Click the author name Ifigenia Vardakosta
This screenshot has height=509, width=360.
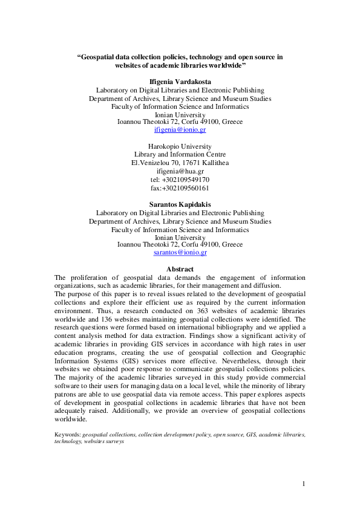point(180,81)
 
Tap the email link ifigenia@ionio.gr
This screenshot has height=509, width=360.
point(180,130)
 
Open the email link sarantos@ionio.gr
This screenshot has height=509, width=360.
point(180,253)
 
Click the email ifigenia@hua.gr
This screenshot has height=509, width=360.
point(180,171)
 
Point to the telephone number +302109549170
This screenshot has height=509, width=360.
point(180,180)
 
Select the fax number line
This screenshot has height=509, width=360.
point(180,188)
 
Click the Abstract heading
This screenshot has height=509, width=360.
point(180,269)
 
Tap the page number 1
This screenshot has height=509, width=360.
point(304,484)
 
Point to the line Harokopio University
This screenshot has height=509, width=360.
point(180,146)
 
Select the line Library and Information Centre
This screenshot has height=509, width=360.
point(180,155)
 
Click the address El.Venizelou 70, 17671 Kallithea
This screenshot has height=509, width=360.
point(180,163)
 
